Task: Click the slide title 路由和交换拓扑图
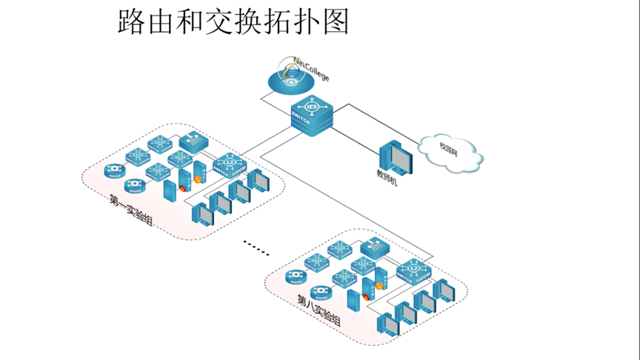click(233, 21)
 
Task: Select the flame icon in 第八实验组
click(379, 284)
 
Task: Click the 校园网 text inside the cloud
click(450, 147)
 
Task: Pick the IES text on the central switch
click(312, 107)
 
